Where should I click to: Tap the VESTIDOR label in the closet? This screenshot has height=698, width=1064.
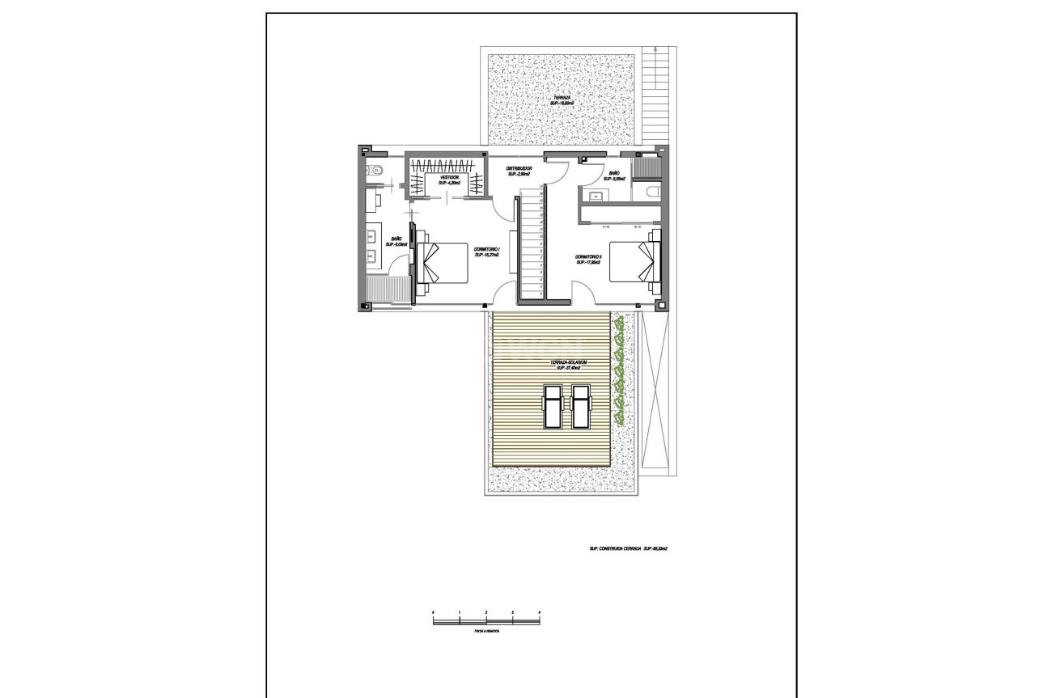tap(449, 179)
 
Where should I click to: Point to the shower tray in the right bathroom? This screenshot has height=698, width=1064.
tap(648, 167)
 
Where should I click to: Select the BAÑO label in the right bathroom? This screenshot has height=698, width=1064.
tap(615, 174)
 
